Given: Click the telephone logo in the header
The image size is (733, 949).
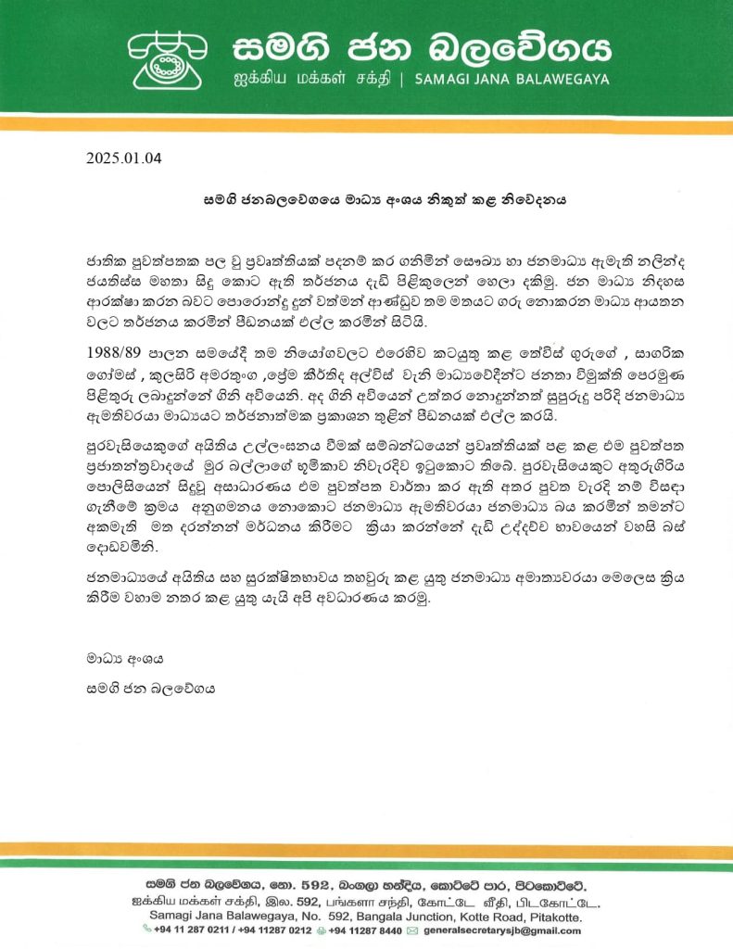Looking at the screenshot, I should click(166, 58).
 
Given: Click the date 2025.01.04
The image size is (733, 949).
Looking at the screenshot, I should click(123, 157).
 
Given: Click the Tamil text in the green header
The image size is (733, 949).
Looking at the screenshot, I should click(308, 80).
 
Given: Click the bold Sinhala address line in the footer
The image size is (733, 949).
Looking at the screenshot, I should click(366, 884).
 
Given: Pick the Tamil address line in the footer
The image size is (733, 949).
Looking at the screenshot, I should click(366, 901).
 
